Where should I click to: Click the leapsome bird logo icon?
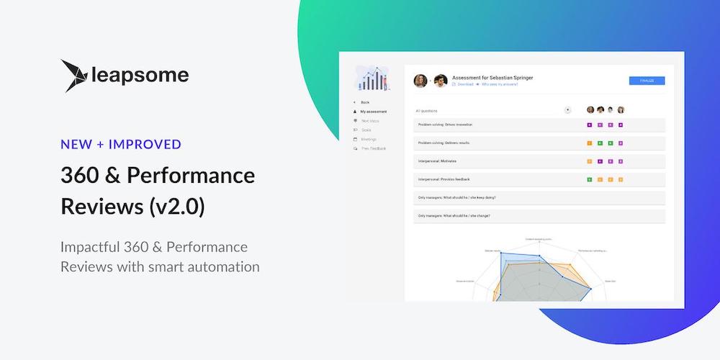tap(75, 76)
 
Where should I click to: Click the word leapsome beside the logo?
tap(141, 75)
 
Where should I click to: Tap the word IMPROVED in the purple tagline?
tap(147, 144)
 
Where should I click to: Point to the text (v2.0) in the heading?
tap(176, 207)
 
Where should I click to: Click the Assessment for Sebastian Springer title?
tap(492, 77)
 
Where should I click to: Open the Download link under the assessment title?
tap(464, 84)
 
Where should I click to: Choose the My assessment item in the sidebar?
tap(374, 112)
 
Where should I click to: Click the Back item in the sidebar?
tap(365, 102)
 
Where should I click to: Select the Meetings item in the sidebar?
tap(369, 139)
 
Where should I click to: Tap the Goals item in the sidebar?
tap(366, 130)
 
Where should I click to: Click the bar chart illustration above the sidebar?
tap(372, 78)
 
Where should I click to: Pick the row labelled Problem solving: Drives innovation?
tap(446, 125)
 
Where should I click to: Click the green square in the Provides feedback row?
tap(590, 179)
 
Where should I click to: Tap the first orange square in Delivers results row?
tap(590, 143)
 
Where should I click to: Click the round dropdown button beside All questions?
tap(567, 110)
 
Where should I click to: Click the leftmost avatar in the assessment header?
tap(420, 80)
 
